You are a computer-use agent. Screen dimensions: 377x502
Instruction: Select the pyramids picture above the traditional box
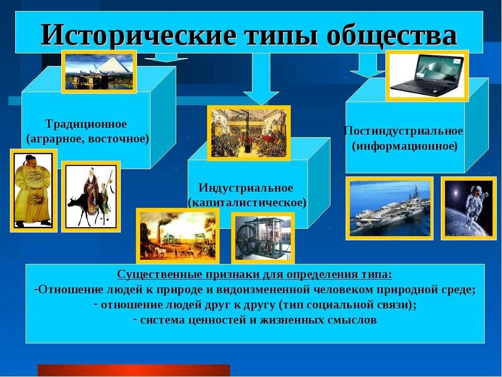click(99, 71)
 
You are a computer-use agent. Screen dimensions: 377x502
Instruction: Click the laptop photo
click(427, 75)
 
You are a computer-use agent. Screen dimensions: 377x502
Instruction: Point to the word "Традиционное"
click(86, 124)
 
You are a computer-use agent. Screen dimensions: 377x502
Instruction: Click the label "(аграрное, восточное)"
click(88, 139)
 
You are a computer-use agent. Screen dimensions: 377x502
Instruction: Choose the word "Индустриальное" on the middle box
click(246, 187)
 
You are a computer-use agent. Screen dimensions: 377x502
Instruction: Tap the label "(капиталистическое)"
click(247, 202)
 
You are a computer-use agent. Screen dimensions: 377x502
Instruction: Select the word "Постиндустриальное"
click(404, 131)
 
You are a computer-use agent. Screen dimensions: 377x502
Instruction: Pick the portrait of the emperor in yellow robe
click(33, 190)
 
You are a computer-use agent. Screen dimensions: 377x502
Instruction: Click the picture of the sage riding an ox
click(91, 196)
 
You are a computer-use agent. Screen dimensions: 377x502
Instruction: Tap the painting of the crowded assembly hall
click(249, 133)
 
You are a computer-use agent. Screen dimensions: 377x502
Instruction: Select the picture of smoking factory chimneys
click(178, 236)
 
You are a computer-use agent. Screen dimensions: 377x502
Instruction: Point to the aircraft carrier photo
click(390, 208)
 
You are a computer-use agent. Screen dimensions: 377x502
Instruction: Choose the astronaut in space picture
click(469, 208)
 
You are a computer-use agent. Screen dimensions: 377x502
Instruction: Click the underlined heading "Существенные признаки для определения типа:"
click(254, 275)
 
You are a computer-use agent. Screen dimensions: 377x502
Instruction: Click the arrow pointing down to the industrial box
click(261, 84)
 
